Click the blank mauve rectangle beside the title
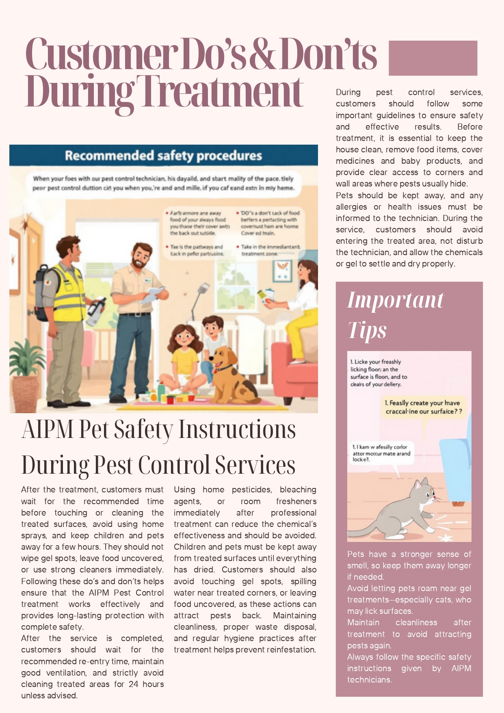pyautogui.click(x=433, y=58)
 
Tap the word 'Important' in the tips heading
pyautogui.click(x=395, y=301)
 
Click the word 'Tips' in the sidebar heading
pyautogui.click(x=367, y=330)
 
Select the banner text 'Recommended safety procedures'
pyautogui.click(x=163, y=156)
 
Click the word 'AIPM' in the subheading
pyautogui.click(x=48, y=429)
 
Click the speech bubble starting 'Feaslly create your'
pyautogui.click(x=423, y=407)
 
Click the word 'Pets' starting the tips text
pyautogui.click(x=355, y=554)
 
